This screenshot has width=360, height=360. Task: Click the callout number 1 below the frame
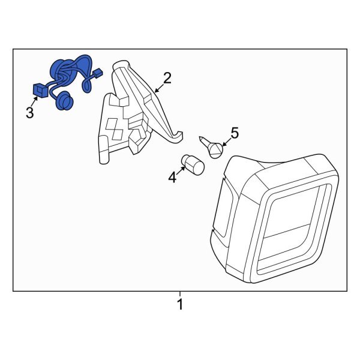(x=180, y=304)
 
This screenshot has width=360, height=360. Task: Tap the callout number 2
(x=167, y=78)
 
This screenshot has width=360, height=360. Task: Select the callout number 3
(x=30, y=113)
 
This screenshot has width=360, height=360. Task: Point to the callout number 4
(x=172, y=177)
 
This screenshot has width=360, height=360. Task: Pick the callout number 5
(x=235, y=133)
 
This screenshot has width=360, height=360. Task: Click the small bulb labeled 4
(x=193, y=165)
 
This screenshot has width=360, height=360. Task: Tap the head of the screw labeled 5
(x=216, y=150)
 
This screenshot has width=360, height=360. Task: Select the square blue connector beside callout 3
(x=41, y=90)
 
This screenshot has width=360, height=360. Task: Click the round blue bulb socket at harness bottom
(x=64, y=100)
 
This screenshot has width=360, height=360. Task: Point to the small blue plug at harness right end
(x=98, y=73)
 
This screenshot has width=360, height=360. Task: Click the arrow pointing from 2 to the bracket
(x=160, y=88)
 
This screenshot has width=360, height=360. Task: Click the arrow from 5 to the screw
(x=226, y=142)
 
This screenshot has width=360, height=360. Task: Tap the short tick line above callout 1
(x=180, y=294)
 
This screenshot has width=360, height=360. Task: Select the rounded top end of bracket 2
(x=121, y=65)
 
